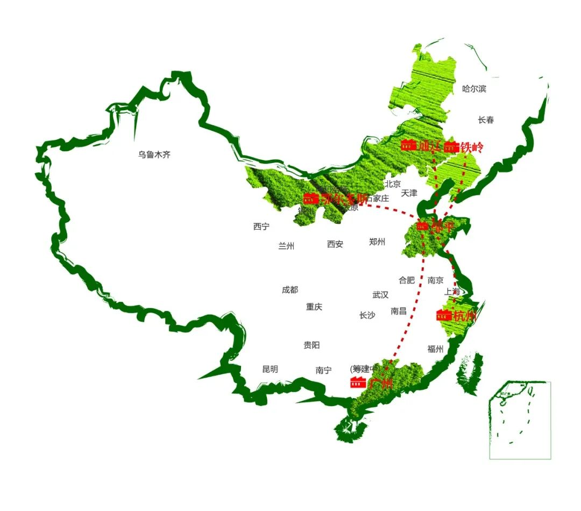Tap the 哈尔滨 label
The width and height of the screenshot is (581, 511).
(x=474, y=89)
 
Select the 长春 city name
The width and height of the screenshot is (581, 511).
(x=486, y=120)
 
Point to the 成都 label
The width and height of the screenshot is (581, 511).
(x=289, y=290)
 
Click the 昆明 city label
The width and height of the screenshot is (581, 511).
(x=270, y=370)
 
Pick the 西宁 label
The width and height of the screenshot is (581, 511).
(x=261, y=226)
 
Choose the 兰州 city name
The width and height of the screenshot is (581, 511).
(x=286, y=246)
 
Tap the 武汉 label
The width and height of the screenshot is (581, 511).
(x=380, y=295)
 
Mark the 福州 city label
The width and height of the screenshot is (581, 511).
(x=435, y=349)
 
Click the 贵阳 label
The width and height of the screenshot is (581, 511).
(x=311, y=345)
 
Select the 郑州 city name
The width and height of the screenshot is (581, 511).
(x=377, y=242)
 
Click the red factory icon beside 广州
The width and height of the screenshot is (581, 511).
(x=358, y=382)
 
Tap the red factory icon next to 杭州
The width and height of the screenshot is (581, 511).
(x=444, y=315)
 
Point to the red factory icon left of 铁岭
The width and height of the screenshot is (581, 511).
(x=451, y=147)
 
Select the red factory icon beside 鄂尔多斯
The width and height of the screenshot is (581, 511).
(x=310, y=198)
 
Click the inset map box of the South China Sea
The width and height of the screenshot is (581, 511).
(x=520, y=420)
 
